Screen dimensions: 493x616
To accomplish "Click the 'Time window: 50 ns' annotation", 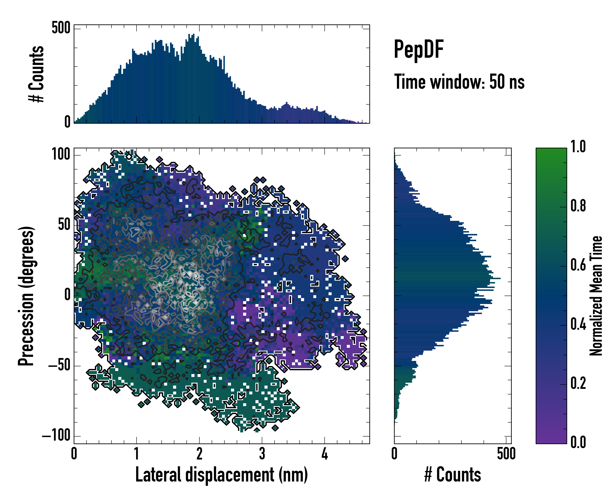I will [x=459, y=82].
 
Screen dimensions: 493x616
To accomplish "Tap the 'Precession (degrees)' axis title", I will [x=26, y=296].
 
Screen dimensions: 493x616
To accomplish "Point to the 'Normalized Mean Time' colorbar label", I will [x=596, y=296].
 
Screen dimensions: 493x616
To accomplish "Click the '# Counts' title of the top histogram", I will [x=37, y=74].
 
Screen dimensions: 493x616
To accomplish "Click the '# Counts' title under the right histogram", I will [x=453, y=475].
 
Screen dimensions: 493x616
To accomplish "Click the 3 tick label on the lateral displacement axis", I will [x=262, y=454].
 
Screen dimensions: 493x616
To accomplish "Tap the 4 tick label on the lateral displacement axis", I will [x=325, y=454].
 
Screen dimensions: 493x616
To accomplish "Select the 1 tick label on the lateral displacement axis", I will [x=137, y=454].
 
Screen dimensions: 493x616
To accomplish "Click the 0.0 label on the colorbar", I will [x=578, y=442].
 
